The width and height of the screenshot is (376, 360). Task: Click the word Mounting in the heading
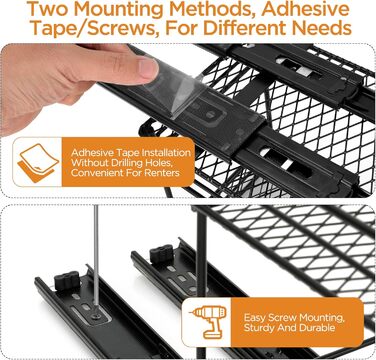click(118, 9)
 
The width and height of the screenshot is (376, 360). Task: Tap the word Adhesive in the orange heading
click(305, 9)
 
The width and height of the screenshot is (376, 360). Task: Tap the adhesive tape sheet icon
click(38, 163)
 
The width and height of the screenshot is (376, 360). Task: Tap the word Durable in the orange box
click(317, 327)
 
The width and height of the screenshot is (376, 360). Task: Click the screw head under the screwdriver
click(96, 315)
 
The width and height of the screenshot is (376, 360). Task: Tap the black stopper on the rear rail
click(162, 254)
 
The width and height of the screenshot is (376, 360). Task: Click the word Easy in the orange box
click(255, 317)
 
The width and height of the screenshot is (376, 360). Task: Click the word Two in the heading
click(48, 9)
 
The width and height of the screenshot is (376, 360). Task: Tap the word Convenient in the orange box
click(92, 173)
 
